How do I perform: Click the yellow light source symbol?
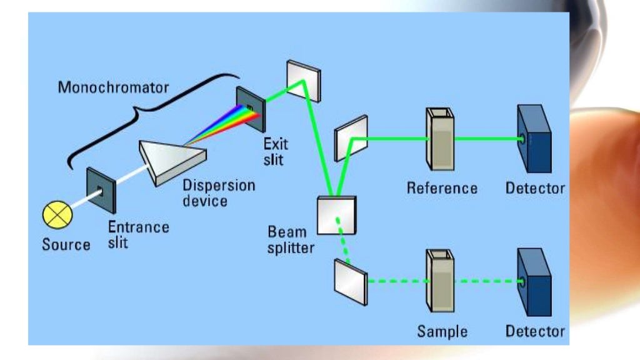[57, 216]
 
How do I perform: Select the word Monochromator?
[113, 87]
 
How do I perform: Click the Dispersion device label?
[218, 193]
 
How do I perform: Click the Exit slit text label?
[276, 152]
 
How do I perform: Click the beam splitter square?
[337, 215]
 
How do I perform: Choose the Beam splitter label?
[291, 240]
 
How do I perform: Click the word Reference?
[442, 188]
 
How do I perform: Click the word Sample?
[442, 331]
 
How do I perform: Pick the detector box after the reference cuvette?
[534, 139]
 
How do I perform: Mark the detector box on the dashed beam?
[534, 282]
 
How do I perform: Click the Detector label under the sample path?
[535, 331]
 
